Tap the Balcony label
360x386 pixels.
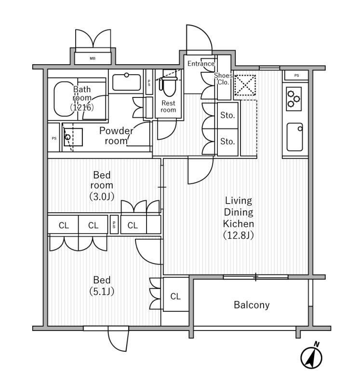pyautogui.click(x=252, y=305)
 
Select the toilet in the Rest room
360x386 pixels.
pyautogui.click(x=169, y=86)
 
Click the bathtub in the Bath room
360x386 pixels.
pyautogui.click(x=65, y=99)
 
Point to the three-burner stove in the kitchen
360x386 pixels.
pyautogui.click(x=293, y=99)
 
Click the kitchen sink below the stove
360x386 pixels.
pyautogui.click(x=294, y=137)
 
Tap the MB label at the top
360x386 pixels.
pyautogui.click(x=93, y=58)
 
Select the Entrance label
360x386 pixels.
pyautogui.click(x=201, y=64)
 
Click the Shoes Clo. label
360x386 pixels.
pyautogui.click(x=223, y=79)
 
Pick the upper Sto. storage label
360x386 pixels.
pyautogui.click(x=227, y=115)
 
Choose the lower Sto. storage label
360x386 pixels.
pyautogui.click(x=227, y=141)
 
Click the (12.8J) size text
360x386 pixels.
pyautogui.click(x=238, y=235)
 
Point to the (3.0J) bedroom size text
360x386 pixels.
pyautogui.click(x=102, y=196)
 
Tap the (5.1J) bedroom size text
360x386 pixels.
pyautogui.click(x=102, y=291)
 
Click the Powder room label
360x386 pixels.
pyautogui.click(x=116, y=136)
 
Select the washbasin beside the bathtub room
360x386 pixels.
pyautogui.click(x=126, y=82)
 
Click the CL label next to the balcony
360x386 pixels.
pyautogui.click(x=175, y=296)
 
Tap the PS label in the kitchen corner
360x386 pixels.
pyautogui.click(x=296, y=76)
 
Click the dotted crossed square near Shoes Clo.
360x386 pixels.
pyautogui.click(x=245, y=85)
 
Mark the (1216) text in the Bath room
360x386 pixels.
pyautogui.click(x=82, y=107)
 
